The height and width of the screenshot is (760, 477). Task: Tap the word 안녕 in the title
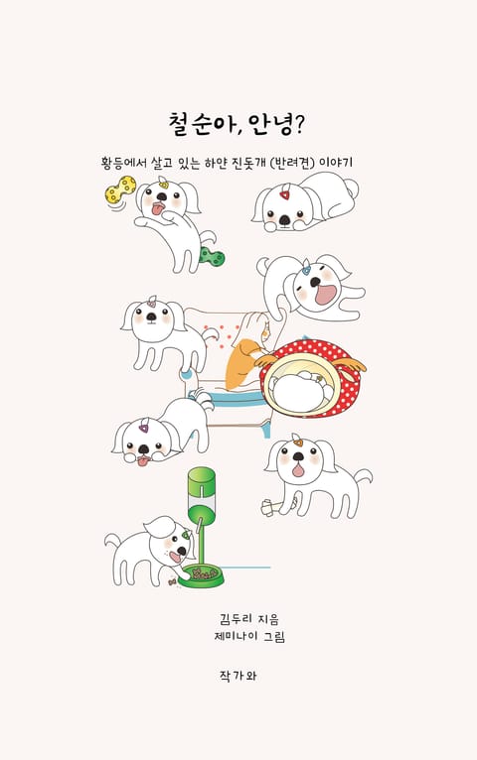(269, 125)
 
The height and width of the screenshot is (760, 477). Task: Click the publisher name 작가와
(238, 676)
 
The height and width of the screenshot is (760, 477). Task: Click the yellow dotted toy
(120, 190)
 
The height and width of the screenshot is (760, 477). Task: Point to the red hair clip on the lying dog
(284, 194)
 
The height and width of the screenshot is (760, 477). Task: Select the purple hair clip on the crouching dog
(144, 428)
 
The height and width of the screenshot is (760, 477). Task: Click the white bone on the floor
(274, 507)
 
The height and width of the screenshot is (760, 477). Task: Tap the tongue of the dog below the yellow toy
(158, 209)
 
